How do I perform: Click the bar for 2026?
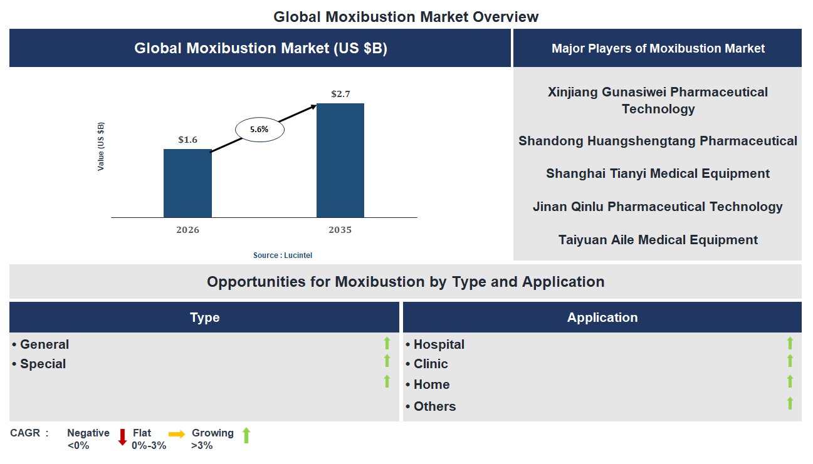187,183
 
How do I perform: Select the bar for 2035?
340,160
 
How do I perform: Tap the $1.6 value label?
187,140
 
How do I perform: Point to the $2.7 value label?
340,94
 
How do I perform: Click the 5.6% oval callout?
259,130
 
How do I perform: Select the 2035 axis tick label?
340,230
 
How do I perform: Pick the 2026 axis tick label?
187,230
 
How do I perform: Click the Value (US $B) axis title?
101,147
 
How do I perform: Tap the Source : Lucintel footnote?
283,255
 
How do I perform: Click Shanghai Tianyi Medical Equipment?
658,173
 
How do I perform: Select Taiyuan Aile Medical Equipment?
658,240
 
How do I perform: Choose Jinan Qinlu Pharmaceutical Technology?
658,207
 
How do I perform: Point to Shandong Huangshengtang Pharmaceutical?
658,141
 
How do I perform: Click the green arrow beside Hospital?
790,343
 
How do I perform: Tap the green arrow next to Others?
790,403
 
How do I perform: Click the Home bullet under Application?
431,384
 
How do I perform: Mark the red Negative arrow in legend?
122,436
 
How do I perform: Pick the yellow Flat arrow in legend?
177,433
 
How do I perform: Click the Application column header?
602,317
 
